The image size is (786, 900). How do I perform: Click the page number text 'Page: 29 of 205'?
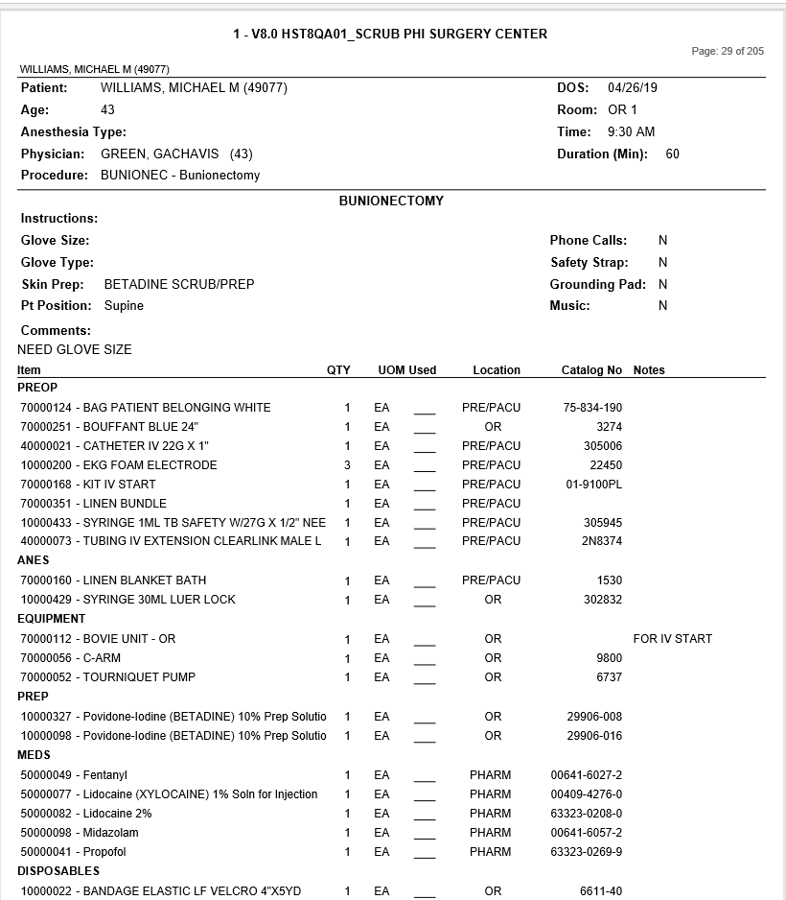(728, 51)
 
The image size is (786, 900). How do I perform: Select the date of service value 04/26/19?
(633, 88)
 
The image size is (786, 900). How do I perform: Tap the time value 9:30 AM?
(632, 132)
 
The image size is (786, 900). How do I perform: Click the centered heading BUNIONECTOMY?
(391, 201)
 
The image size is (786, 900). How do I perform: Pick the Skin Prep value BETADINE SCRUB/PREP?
(179, 285)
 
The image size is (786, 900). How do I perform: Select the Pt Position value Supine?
(124, 306)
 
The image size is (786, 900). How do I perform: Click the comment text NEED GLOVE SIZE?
(75, 350)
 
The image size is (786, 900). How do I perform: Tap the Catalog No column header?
(591, 370)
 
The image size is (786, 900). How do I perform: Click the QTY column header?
(338, 370)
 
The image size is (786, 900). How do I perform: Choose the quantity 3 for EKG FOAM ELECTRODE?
(347, 465)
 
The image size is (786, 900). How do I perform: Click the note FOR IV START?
(673, 639)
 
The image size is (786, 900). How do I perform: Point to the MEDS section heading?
(34, 755)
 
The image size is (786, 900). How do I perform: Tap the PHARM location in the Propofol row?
(491, 852)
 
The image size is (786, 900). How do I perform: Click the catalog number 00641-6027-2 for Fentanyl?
(587, 775)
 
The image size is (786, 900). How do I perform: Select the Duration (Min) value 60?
(672, 154)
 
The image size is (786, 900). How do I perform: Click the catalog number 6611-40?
(601, 891)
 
